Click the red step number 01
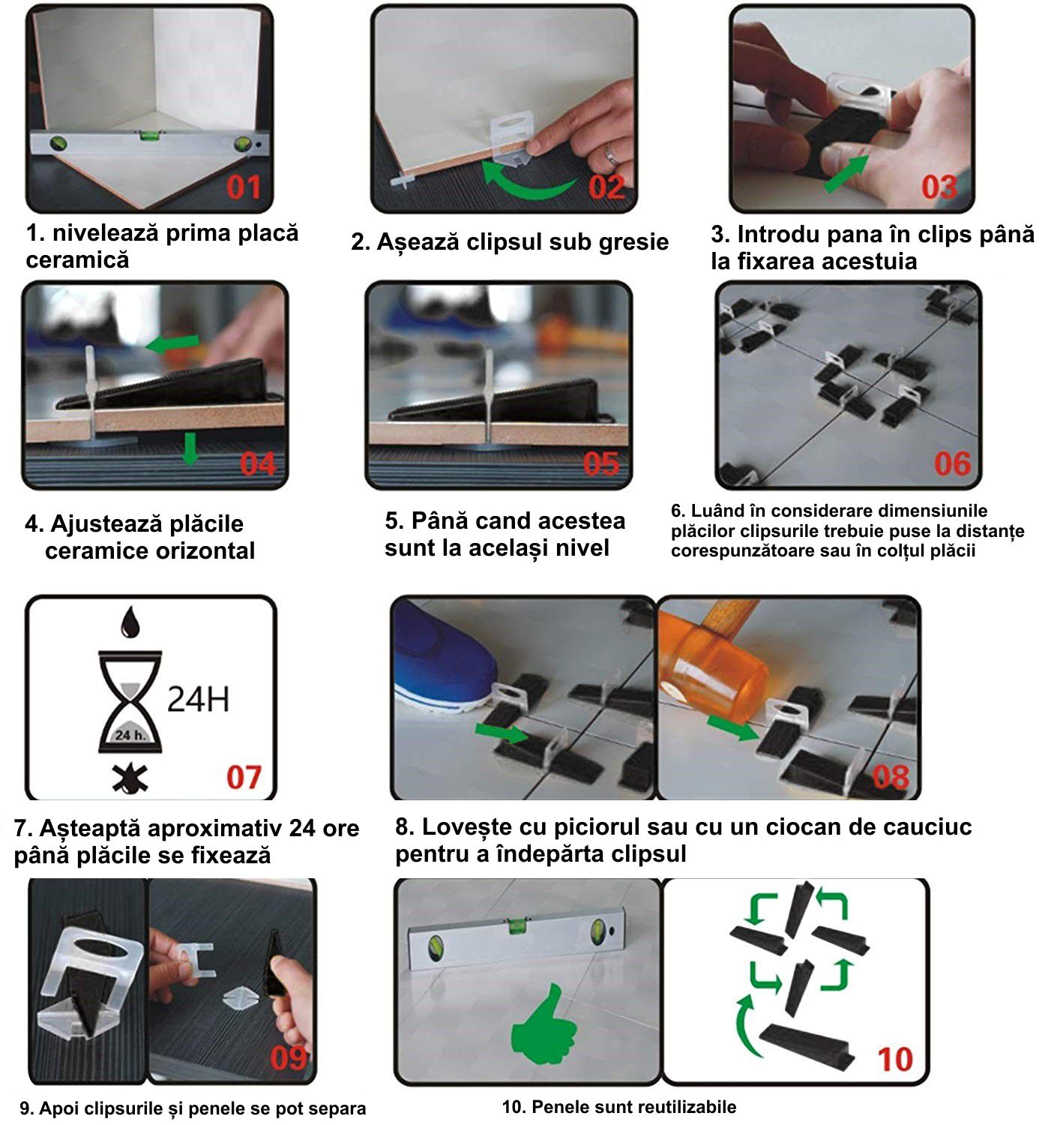(244, 187)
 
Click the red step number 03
(939, 187)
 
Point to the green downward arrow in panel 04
(190, 448)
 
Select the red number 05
(601, 464)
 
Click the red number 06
(953, 464)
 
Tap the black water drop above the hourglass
(130, 622)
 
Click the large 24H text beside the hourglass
(198, 699)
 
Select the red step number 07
(244, 777)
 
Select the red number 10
(895, 1059)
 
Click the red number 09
(289, 1057)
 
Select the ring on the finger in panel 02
(611, 154)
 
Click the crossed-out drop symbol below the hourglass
(130, 778)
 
